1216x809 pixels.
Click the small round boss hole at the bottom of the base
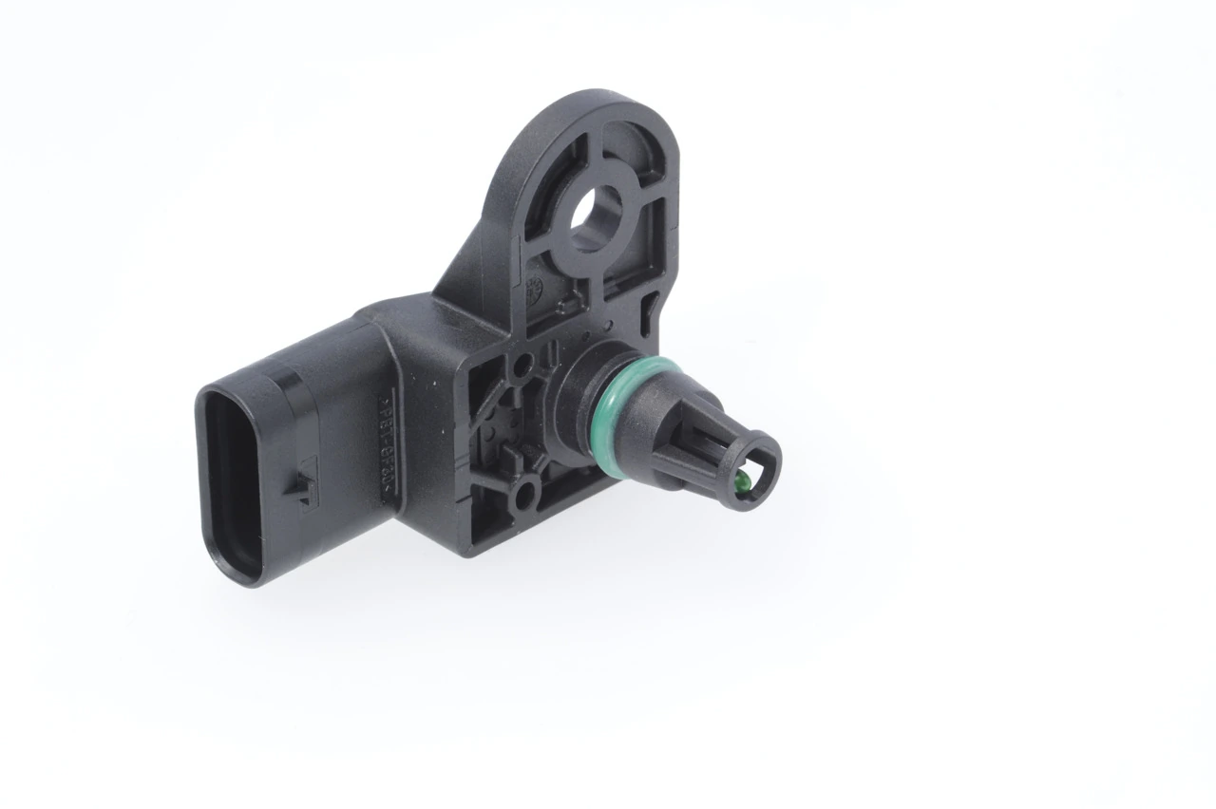tap(523, 494)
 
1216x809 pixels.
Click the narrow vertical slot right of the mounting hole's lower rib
tap(652, 306)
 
